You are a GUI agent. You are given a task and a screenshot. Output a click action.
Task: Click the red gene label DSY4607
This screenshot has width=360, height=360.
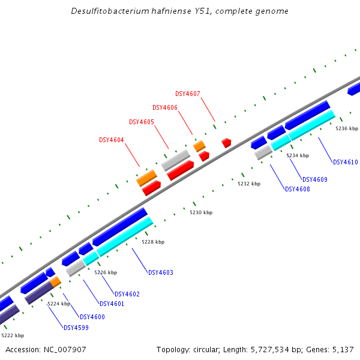click(x=188, y=94)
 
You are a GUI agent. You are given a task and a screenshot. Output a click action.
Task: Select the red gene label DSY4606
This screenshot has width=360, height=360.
click(x=165, y=107)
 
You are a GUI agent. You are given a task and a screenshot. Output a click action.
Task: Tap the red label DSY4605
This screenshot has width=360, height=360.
click(x=142, y=122)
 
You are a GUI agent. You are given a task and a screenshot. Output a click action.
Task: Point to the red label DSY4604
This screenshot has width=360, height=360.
click(x=112, y=140)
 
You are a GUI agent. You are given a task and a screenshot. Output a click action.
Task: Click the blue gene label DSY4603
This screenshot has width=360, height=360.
click(x=161, y=272)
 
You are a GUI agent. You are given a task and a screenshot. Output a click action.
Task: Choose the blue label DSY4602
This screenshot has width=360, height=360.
click(x=127, y=294)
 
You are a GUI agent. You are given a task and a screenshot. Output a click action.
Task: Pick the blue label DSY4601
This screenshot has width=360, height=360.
click(x=112, y=304)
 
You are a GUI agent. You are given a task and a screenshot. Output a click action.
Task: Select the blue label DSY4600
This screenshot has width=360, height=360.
click(x=92, y=317)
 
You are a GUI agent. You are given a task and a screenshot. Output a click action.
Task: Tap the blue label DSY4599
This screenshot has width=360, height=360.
click(x=76, y=328)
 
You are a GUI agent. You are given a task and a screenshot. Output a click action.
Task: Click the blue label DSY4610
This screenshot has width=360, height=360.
click(x=346, y=162)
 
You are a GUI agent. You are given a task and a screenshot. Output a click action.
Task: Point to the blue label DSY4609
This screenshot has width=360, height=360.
click(x=315, y=179)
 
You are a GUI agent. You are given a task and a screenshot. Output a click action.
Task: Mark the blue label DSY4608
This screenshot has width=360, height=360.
click(x=298, y=189)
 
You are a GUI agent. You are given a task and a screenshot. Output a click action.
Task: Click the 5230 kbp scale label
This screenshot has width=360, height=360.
click(x=201, y=212)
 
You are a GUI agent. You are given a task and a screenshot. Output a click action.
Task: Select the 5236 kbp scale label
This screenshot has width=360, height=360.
click(x=347, y=128)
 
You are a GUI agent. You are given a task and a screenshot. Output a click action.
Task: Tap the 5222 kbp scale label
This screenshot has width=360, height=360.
click(x=13, y=335)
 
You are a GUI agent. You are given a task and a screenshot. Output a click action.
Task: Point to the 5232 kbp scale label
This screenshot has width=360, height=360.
click(x=249, y=184)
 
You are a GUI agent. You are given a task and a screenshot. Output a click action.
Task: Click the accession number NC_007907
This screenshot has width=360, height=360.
click(x=65, y=350)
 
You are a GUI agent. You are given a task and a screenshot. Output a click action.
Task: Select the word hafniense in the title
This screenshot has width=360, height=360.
click(x=171, y=11)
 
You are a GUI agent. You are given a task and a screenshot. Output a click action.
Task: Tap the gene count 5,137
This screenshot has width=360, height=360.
click(x=343, y=350)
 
